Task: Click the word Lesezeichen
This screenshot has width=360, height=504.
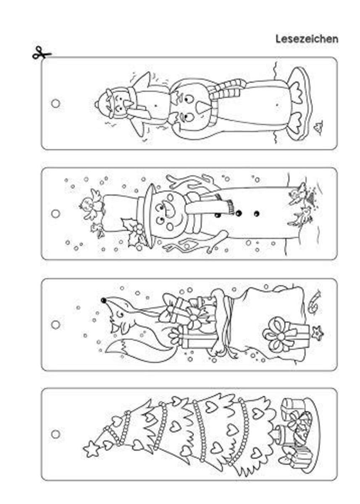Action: tap(307, 39)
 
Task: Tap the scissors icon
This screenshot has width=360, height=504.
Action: tap(42, 53)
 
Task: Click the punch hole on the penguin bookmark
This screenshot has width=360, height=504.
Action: tap(55, 103)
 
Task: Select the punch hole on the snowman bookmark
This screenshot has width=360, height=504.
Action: tap(55, 213)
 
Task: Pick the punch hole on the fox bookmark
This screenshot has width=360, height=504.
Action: tap(55, 325)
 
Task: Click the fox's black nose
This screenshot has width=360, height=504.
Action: tap(103, 300)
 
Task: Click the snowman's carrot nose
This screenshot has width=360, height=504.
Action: tap(168, 210)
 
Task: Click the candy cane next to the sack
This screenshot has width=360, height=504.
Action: tap(313, 302)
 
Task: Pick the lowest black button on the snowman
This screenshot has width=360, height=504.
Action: tap(257, 213)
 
